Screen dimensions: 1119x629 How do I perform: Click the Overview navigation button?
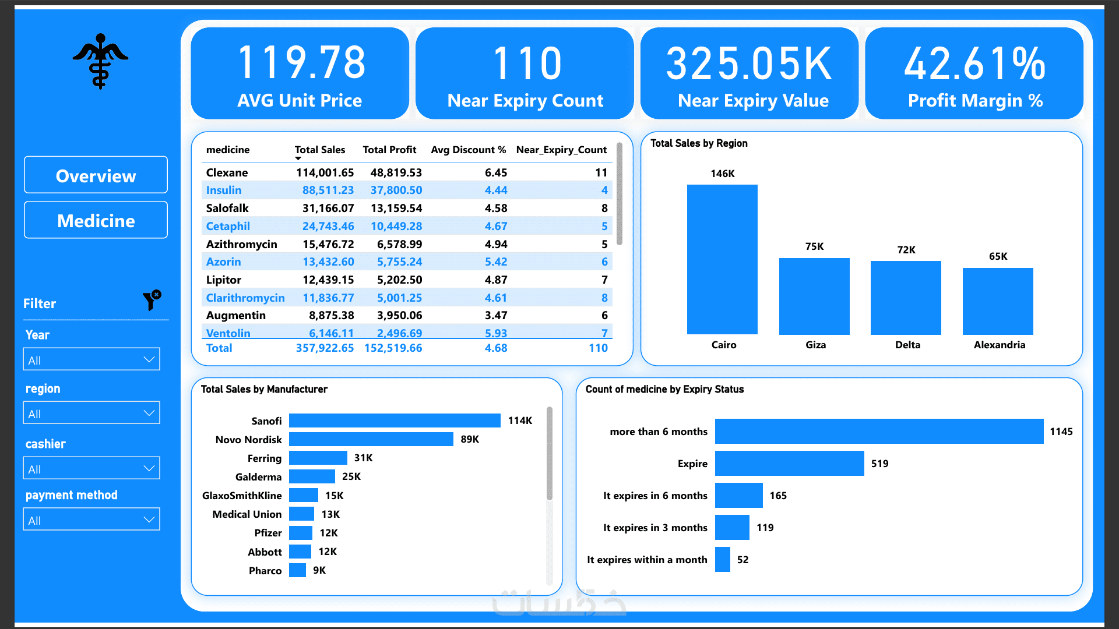point(96,175)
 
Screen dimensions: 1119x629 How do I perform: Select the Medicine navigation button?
point(96,220)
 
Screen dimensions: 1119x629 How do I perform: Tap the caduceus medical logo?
point(100,61)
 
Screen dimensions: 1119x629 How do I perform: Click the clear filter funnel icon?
point(152,300)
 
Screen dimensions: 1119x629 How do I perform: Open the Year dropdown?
point(92,359)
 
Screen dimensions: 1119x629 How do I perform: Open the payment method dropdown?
point(92,520)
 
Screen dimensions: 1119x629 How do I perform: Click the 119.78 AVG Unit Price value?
point(301,63)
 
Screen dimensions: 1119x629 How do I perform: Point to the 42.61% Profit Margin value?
point(974,63)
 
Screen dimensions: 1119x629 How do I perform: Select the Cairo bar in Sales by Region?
point(722,260)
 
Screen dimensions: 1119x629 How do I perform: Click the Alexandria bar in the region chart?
point(998,301)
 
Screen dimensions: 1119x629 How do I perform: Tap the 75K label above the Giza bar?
point(814,246)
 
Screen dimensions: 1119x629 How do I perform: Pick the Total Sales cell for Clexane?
point(325,172)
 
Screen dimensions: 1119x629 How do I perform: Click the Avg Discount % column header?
point(469,150)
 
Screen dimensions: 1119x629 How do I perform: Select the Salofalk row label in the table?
point(227,208)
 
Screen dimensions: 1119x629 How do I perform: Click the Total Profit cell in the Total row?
point(393,348)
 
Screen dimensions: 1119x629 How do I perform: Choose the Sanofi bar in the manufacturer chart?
point(395,420)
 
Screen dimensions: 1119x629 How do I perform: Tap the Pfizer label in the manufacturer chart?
point(268,533)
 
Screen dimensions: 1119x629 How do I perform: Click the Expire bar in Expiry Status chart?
point(790,464)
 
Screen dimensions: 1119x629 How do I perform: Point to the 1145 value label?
point(1061,432)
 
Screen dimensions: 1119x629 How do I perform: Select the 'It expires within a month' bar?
point(723,560)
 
